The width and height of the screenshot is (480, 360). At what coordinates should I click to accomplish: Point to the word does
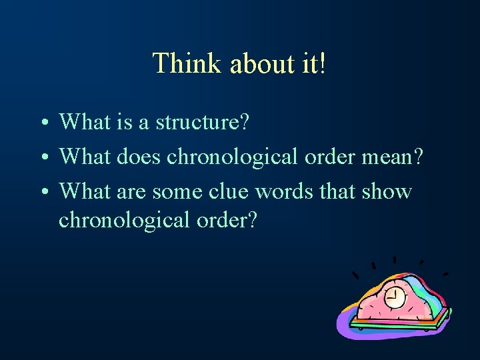tap(139, 157)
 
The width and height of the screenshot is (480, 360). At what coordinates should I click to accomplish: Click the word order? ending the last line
tap(226, 219)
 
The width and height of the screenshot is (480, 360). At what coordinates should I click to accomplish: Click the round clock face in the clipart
tap(395, 297)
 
